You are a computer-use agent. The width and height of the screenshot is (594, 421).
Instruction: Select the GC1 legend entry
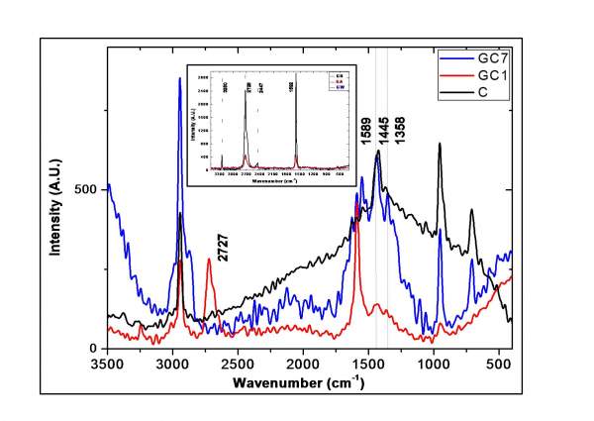click(484, 77)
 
